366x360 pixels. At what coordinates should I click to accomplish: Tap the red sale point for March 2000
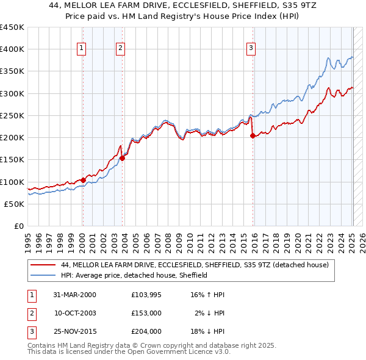tap(83, 180)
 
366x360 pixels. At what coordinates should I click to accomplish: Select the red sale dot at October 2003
tap(122, 158)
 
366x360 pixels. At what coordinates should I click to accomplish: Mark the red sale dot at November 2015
tap(253, 136)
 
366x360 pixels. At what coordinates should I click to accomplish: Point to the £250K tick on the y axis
tap(12, 115)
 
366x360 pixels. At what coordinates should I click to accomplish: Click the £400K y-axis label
tap(12, 49)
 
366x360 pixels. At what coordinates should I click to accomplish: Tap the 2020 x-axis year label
tap(298, 242)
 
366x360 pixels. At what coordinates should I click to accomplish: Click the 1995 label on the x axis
tap(27, 242)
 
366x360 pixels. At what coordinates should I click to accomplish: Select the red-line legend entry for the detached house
tap(195, 265)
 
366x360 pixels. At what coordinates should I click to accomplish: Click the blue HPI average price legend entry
tap(134, 275)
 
